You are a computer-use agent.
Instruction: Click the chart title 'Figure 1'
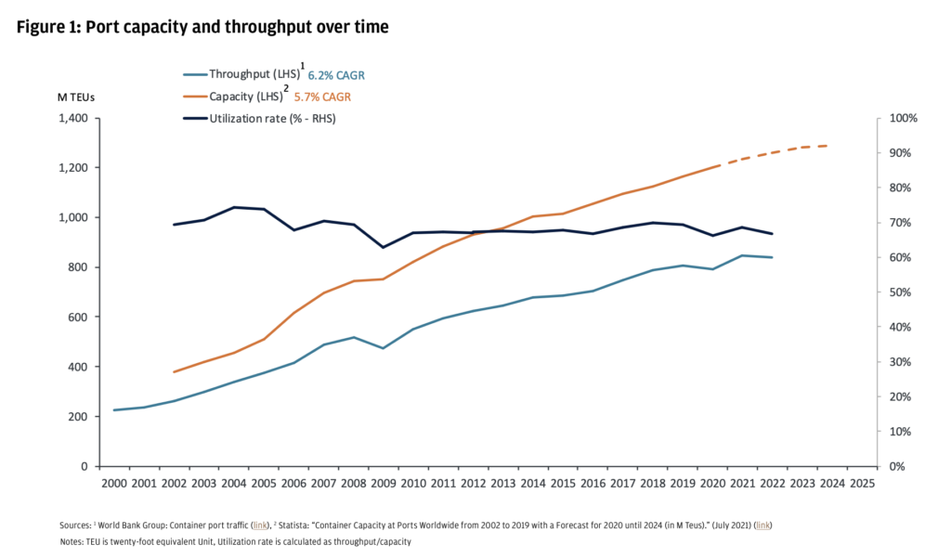tap(202, 27)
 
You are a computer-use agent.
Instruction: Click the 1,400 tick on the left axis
tap(72, 119)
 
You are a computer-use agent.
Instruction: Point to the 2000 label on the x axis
tap(114, 483)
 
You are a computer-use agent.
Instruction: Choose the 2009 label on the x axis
tap(383, 483)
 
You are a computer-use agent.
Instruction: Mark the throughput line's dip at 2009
tap(383, 348)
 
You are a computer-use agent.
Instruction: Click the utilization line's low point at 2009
tap(383, 247)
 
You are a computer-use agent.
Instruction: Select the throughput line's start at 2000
tap(114, 410)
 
